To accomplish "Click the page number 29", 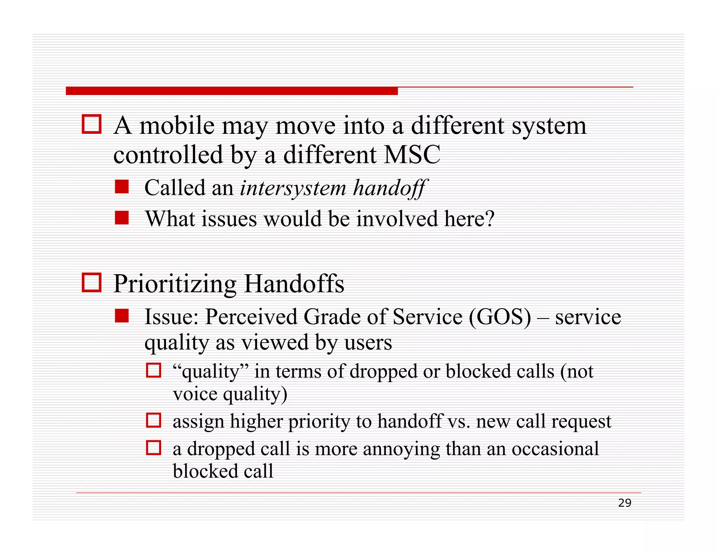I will (625, 503).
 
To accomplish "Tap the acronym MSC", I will (412, 155).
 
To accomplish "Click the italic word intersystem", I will (293, 188).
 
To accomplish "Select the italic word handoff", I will (390, 188).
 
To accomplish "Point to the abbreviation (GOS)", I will (500, 317).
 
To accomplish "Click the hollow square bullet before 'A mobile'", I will (92, 124).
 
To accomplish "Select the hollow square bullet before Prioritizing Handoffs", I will (92, 283).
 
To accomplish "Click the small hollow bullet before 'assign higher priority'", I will (153, 420).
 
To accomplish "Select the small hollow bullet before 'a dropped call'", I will (153, 448).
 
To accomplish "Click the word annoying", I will (401, 449).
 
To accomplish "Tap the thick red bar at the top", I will (231, 91).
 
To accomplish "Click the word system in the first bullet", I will (549, 126).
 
